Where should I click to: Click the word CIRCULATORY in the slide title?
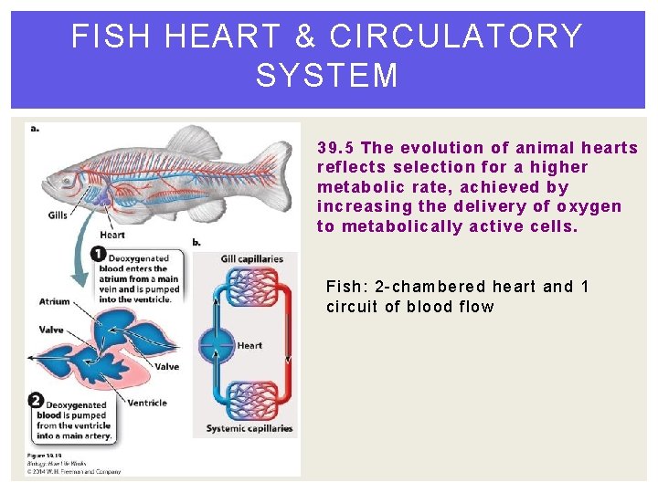456,37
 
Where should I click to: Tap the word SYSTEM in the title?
327,76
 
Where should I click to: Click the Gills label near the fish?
58,216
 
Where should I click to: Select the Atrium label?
55,301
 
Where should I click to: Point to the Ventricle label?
147,402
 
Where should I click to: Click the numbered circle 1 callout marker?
98,254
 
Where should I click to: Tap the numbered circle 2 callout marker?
35,400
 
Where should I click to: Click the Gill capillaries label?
252,258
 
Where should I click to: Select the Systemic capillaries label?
249,428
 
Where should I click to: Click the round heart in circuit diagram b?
218,346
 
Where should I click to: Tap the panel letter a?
35,128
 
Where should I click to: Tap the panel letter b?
196,242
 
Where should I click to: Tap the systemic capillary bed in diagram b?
251,400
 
